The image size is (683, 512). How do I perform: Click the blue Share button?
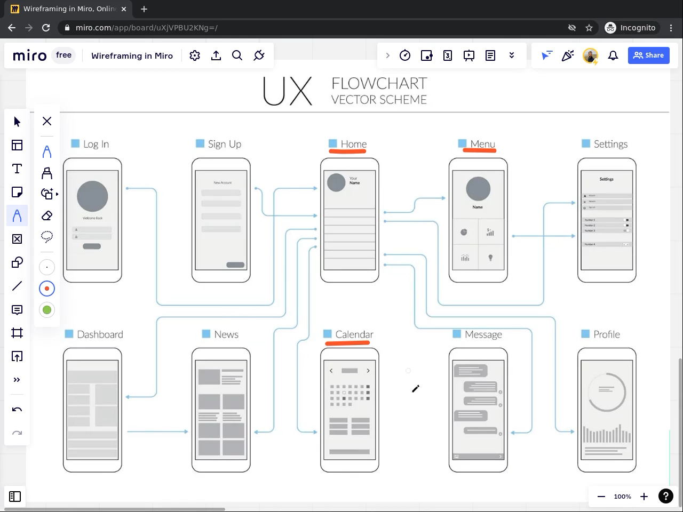648,55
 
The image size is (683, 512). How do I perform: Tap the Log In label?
96,144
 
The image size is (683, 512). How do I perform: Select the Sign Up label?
224,144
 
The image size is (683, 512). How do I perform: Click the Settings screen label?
610,144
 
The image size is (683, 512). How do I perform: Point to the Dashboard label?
100,334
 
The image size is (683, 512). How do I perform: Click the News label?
226,334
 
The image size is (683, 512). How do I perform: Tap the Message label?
483,334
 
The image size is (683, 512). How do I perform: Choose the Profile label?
607,334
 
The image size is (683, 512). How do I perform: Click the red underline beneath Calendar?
347,343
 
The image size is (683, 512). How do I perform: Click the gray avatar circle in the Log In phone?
92,196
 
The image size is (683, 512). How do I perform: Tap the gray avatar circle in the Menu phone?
478,188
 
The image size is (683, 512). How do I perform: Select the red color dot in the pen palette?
47,289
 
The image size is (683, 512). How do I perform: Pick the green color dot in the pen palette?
47,310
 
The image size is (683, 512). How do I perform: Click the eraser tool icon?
47,215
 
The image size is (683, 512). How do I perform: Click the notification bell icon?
613,55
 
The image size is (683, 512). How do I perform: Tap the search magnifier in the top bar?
237,55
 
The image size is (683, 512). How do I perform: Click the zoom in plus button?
644,497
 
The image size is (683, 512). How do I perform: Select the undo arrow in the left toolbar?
17,410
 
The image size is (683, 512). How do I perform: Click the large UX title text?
288,92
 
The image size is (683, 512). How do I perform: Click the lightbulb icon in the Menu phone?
490,258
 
